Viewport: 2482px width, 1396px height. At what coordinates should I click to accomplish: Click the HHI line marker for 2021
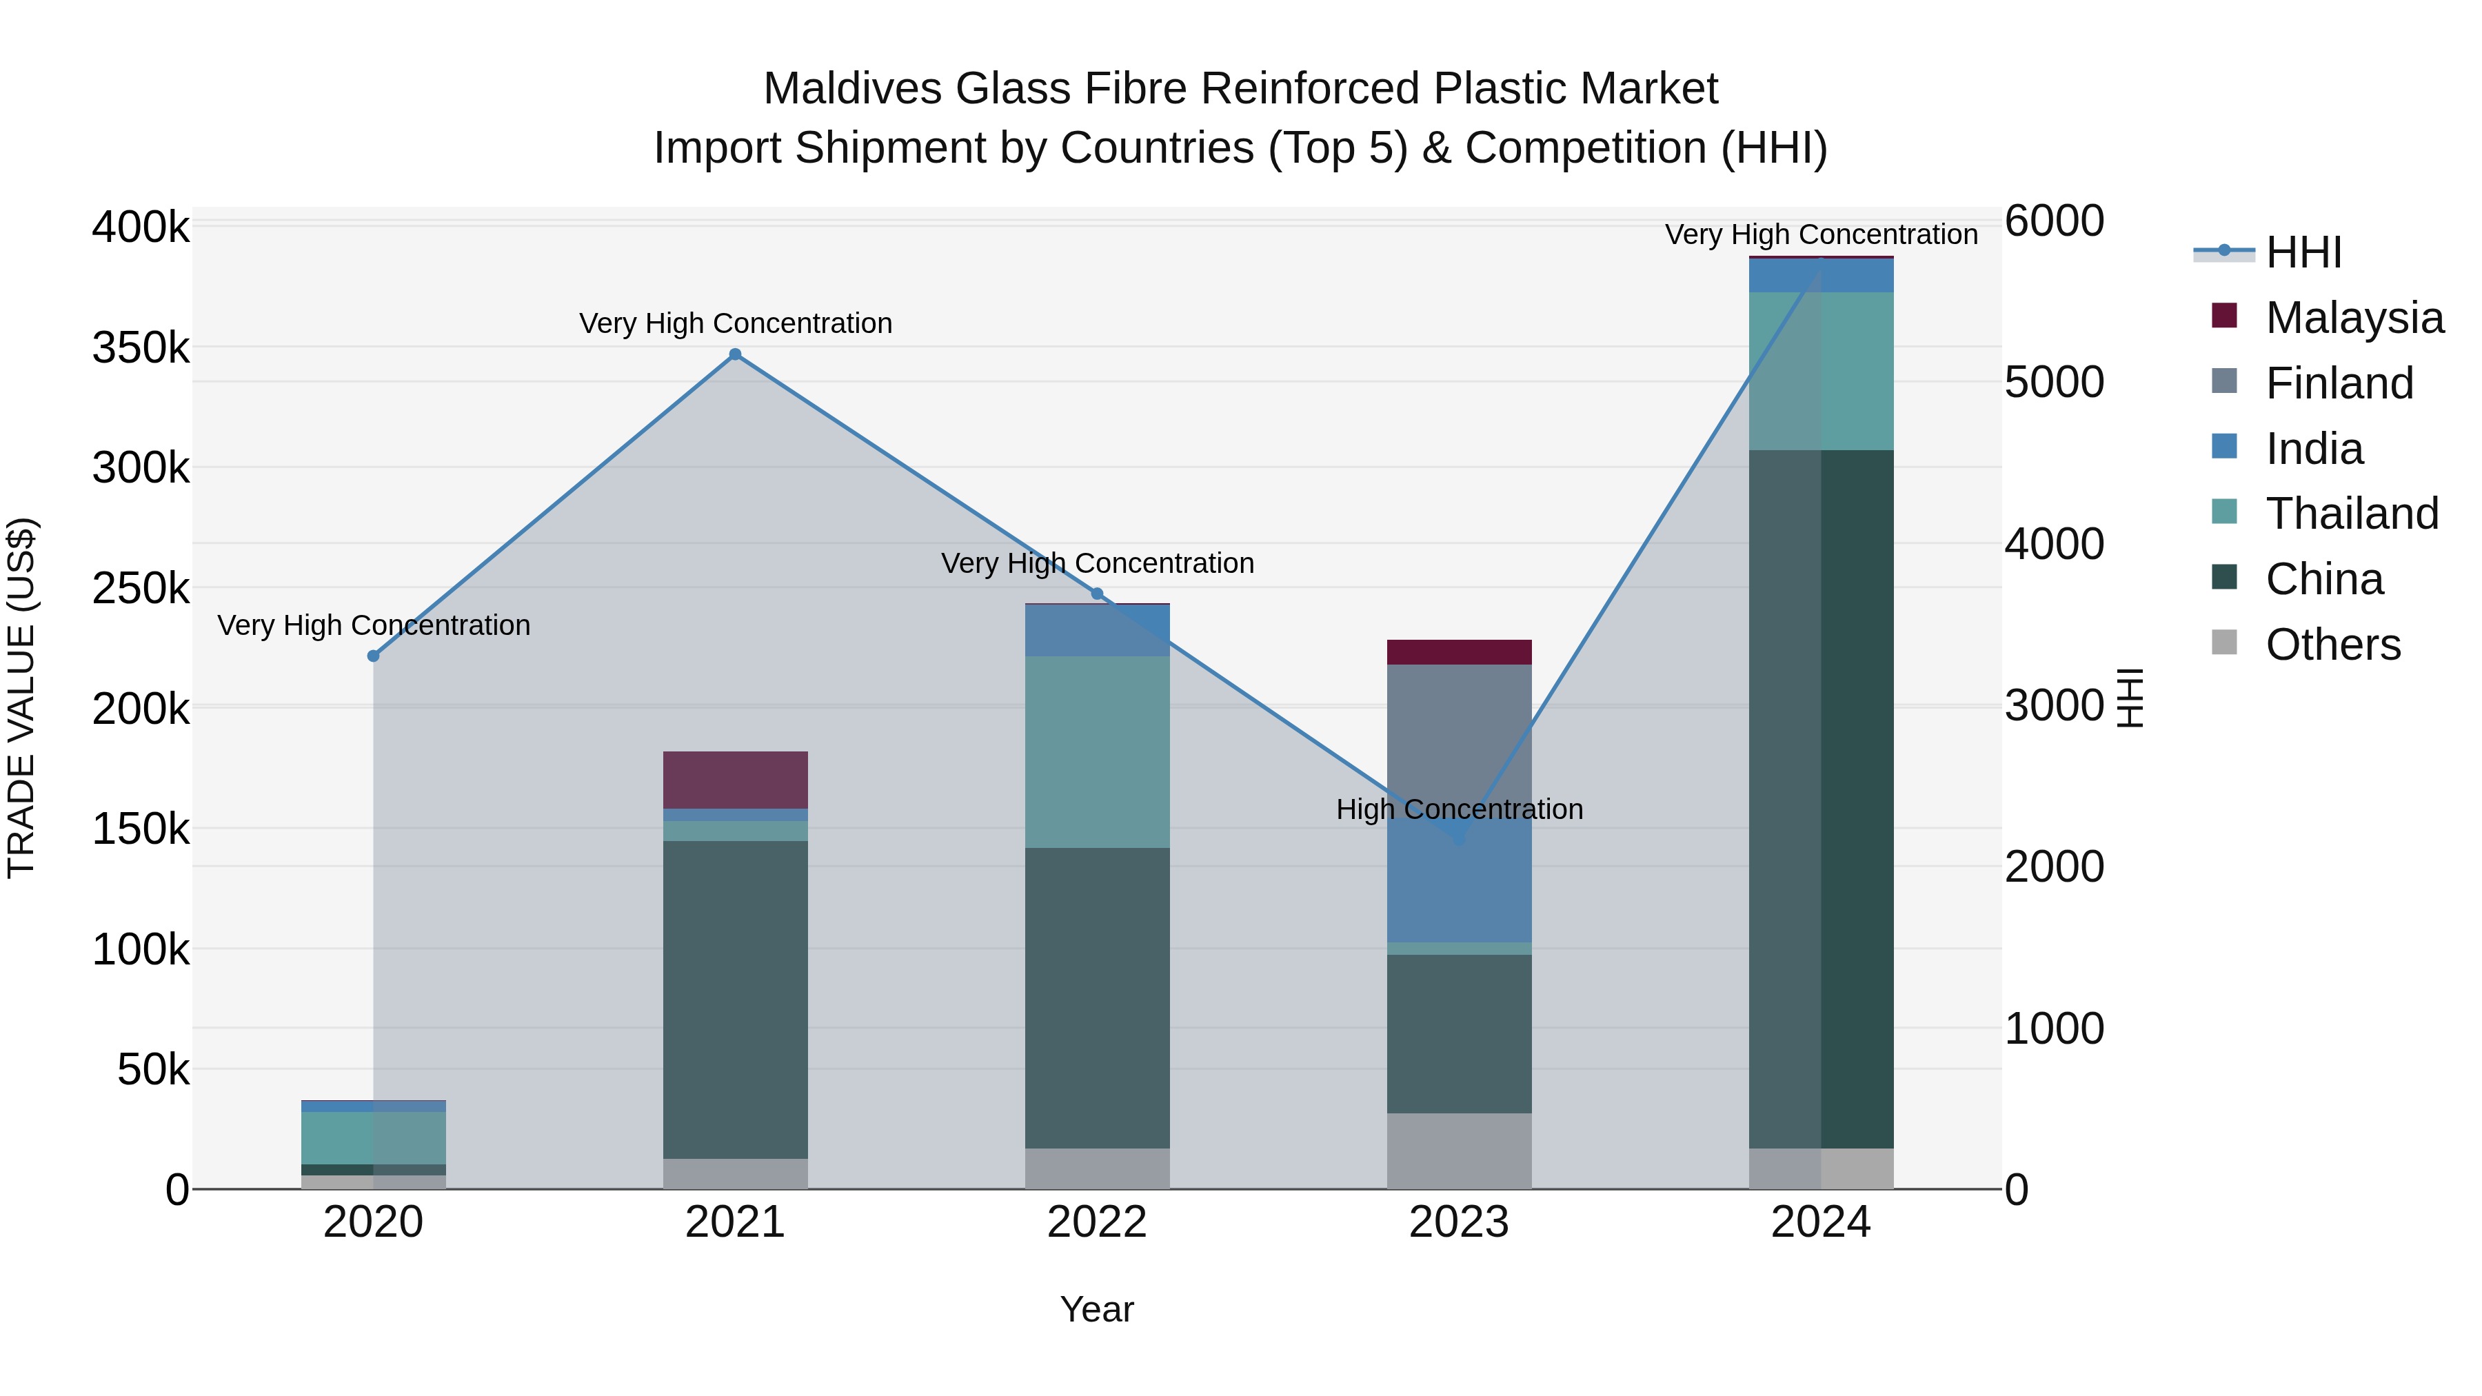pos(735,354)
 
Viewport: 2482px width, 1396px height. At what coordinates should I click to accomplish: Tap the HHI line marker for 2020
pos(374,656)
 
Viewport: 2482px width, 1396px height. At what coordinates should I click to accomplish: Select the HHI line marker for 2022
pos(1098,594)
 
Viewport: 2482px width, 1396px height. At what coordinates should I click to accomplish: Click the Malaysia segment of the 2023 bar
pos(1459,652)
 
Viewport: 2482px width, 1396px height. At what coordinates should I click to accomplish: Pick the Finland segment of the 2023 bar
pos(1459,732)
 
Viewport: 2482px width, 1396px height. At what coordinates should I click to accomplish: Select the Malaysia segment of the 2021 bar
pos(735,780)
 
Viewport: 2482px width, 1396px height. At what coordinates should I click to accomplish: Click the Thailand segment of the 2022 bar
pos(1098,751)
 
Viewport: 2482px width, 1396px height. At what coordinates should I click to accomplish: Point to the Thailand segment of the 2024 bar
pos(1821,371)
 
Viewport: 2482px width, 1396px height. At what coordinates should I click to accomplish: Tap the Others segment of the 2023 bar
pos(1459,1151)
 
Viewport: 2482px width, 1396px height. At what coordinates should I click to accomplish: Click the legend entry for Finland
pos(2339,383)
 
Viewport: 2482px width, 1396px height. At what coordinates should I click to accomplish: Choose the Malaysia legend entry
pos(2354,318)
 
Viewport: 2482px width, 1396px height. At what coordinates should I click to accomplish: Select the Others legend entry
pos(2332,645)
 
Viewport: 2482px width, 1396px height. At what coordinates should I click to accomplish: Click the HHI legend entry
pos(2303,252)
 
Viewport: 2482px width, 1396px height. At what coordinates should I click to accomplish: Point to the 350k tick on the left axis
pos(141,348)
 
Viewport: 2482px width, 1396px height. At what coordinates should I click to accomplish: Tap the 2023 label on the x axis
pos(1459,1222)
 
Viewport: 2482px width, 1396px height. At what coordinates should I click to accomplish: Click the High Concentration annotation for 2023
pos(1459,809)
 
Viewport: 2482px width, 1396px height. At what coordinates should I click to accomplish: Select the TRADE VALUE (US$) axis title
pos(21,698)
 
